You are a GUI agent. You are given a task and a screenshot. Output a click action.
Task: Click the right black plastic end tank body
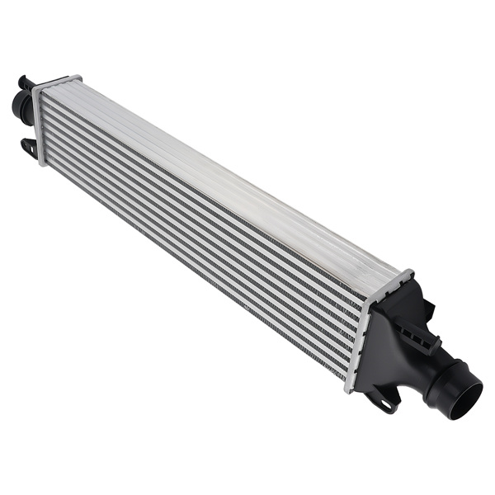[x=392, y=346]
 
